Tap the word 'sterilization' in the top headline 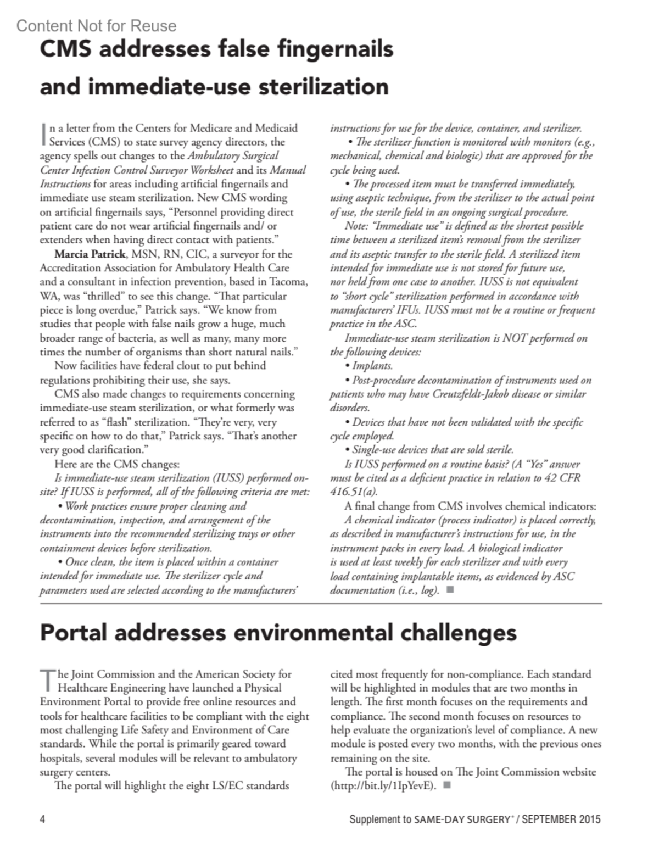tap(323, 87)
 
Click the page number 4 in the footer tap(42, 819)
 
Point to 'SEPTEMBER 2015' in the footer tap(561, 819)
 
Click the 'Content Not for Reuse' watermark tap(96, 26)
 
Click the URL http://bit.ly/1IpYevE tap(383, 786)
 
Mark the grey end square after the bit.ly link tap(446, 785)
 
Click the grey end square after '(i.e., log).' tap(451, 590)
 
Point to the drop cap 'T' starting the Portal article tap(48, 680)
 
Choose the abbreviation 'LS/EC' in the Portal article tap(227, 786)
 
